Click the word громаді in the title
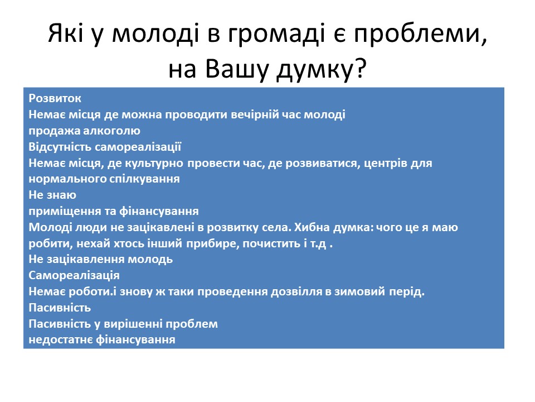point(276,35)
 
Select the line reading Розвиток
point(55,98)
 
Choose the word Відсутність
point(60,147)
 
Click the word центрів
point(386,163)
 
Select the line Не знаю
point(52,195)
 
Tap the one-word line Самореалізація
point(74,275)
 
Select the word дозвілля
point(296,291)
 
